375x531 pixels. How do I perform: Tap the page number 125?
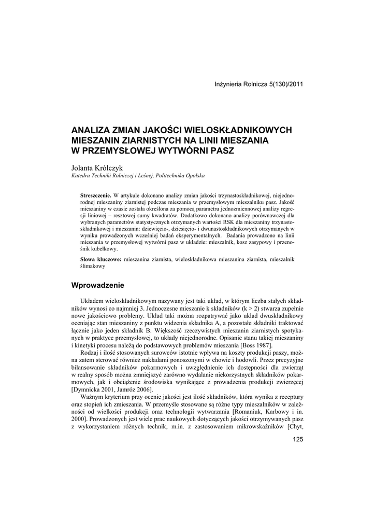tap(297, 440)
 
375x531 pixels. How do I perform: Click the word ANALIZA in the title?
tap(90, 130)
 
